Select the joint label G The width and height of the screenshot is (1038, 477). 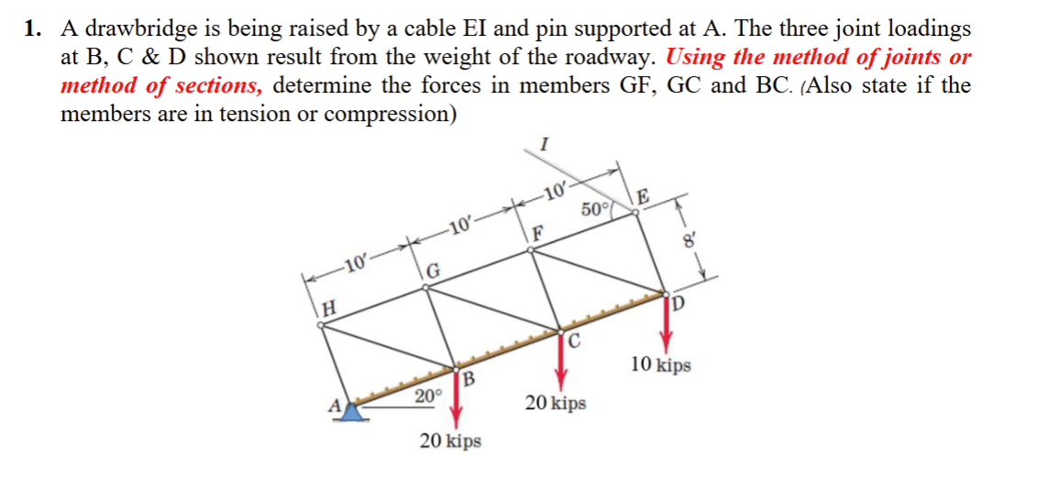tap(435, 271)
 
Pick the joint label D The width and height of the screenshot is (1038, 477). tap(679, 304)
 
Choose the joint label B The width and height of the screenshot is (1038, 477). tap(469, 379)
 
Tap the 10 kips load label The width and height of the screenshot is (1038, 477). tap(661, 365)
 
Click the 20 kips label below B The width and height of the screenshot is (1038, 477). tap(450, 441)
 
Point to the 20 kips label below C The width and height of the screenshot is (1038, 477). tap(556, 403)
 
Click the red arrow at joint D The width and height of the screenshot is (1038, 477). tap(667, 323)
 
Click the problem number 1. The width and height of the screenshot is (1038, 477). tap(32, 29)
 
